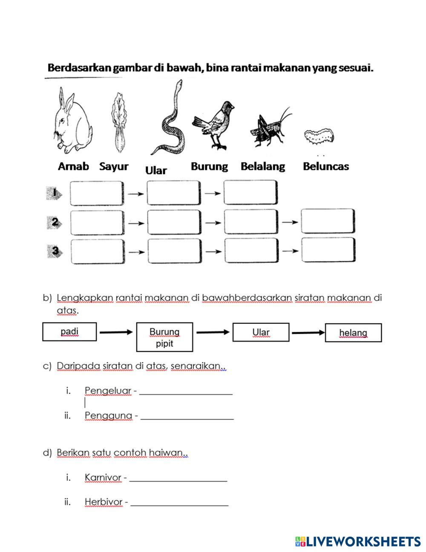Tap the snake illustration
click(x=170, y=124)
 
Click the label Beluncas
click(x=325, y=166)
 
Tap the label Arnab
click(x=73, y=166)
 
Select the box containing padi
click(x=69, y=332)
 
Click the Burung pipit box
click(x=164, y=337)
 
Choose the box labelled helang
click(x=353, y=333)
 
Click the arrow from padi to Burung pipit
click(x=116, y=332)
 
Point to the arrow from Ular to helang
click(x=307, y=332)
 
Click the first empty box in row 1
click(x=97, y=193)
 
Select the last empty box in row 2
click(x=328, y=221)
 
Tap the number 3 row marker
click(x=55, y=251)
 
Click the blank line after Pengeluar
click(x=186, y=393)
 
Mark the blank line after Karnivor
click(x=178, y=480)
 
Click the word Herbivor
click(x=104, y=502)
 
